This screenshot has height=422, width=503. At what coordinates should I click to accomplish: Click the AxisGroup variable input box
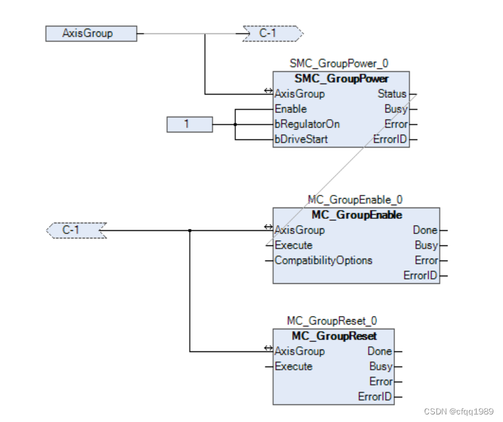click(91, 33)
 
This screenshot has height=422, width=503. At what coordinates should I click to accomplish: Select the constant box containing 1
click(189, 124)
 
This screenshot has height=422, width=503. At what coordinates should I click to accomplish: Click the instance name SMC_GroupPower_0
click(339, 64)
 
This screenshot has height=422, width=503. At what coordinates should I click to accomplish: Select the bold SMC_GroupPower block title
click(341, 79)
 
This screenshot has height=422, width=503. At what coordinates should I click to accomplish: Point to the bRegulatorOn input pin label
click(307, 124)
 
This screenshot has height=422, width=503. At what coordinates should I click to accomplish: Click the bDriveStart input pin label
click(301, 139)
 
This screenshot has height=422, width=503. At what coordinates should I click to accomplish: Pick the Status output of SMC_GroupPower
click(392, 94)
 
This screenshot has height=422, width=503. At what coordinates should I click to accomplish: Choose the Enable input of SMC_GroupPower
click(290, 109)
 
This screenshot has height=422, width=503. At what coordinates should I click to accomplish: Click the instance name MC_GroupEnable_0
click(355, 200)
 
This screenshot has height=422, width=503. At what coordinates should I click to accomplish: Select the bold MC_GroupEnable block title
click(356, 215)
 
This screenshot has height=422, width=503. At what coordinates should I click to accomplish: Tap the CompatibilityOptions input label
click(323, 261)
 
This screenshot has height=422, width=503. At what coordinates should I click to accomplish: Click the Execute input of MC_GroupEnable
click(293, 245)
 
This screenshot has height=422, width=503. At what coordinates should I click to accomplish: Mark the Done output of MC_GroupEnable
click(425, 230)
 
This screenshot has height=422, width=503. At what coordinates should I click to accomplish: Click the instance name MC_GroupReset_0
click(332, 321)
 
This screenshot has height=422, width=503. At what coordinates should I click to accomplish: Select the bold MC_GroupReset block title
click(334, 336)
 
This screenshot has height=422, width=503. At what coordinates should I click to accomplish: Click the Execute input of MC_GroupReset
click(293, 366)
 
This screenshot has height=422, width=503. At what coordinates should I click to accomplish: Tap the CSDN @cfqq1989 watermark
click(458, 411)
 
